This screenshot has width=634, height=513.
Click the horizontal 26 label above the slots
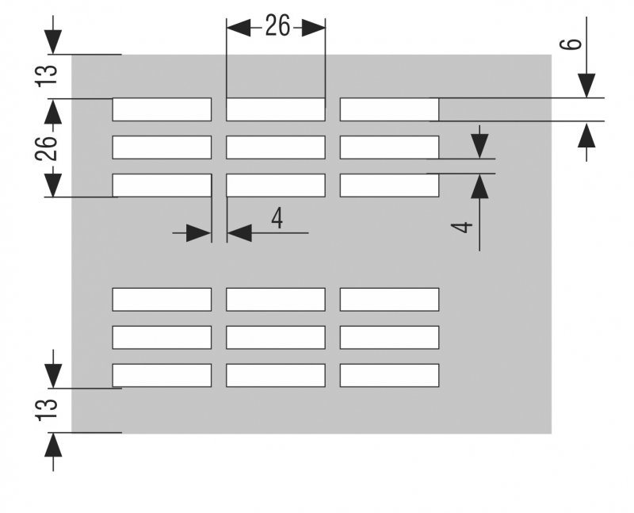[x=277, y=26]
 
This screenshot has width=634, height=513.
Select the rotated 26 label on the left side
[x=46, y=148]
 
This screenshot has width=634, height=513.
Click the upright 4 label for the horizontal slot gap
[x=277, y=219]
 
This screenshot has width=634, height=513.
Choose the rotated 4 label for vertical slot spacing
[x=462, y=228]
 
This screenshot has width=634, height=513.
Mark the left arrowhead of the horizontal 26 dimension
[x=239, y=28]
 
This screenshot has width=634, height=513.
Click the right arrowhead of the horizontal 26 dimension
[x=313, y=28]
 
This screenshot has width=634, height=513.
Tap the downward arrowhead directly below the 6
[x=586, y=86]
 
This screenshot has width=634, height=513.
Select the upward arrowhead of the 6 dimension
[x=586, y=134]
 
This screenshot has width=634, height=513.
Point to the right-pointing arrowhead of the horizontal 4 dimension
[x=199, y=233]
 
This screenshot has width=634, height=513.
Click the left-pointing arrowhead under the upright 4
[x=239, y=233]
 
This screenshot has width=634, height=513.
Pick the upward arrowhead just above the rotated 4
[x=479, y=186]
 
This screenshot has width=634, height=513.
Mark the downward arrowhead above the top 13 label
[x=53, y=42]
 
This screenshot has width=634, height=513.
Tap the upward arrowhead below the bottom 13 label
[x=53, y=445]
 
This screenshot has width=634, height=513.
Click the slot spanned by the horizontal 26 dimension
[x=276, y=109]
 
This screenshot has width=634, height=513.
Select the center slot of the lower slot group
[x=276, y=337]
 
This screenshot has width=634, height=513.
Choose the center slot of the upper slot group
[x=276, y=147]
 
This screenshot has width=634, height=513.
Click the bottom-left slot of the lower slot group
[x=162, y=375]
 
